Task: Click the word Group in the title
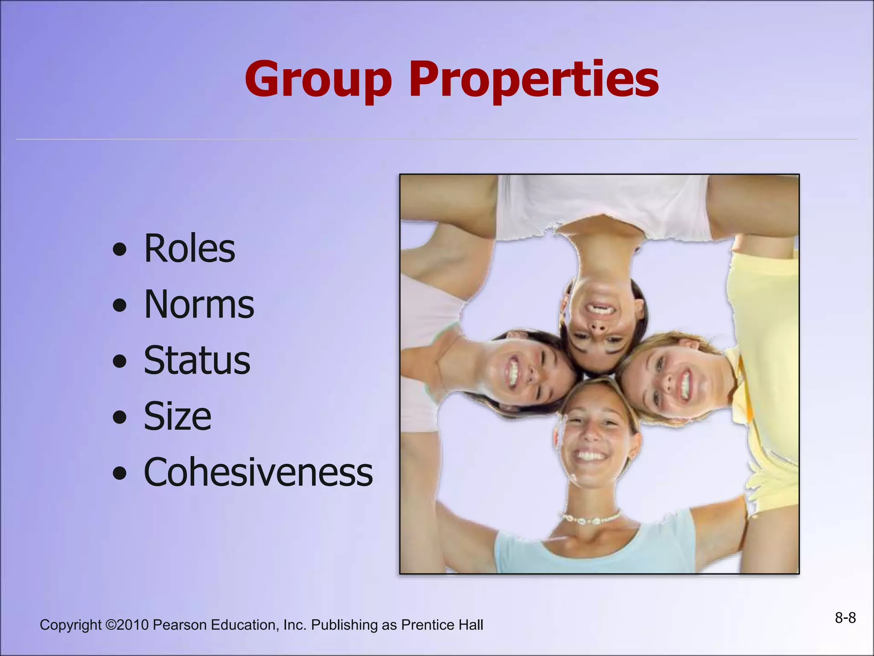[318, 80]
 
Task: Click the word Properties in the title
[534, 80]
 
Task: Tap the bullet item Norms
[199, 305]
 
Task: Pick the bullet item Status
[197, 361]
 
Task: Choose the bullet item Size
[178, 416]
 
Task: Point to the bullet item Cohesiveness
[258, 472]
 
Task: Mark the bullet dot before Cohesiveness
[120, 473]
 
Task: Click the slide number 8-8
[845, 618]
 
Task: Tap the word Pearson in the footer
[180, 625]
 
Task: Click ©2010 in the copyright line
[127, 625]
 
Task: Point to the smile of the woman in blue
[591, 456]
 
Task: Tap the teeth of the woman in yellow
[685, 383]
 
